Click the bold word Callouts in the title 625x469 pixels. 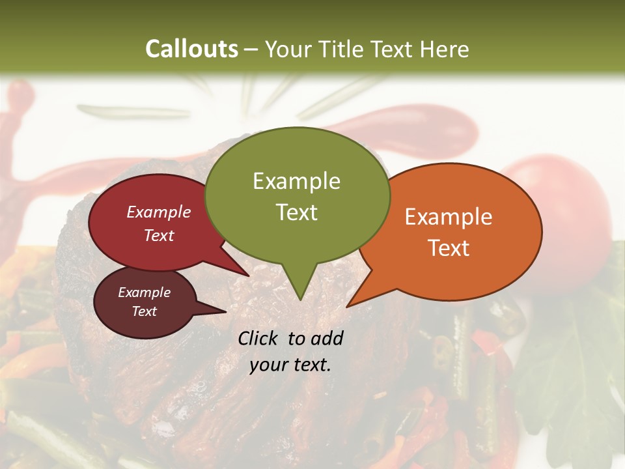191,49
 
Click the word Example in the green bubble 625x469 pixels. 296,181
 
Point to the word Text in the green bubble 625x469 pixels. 296,212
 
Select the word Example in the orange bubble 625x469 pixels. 449,217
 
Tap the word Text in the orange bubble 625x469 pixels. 449,248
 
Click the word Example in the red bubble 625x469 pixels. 159,212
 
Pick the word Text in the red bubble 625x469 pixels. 159,235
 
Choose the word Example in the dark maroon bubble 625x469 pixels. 144,292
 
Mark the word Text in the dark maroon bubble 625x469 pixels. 144,311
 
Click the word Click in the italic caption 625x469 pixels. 259,338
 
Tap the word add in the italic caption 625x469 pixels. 327,338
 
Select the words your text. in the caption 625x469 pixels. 290,365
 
